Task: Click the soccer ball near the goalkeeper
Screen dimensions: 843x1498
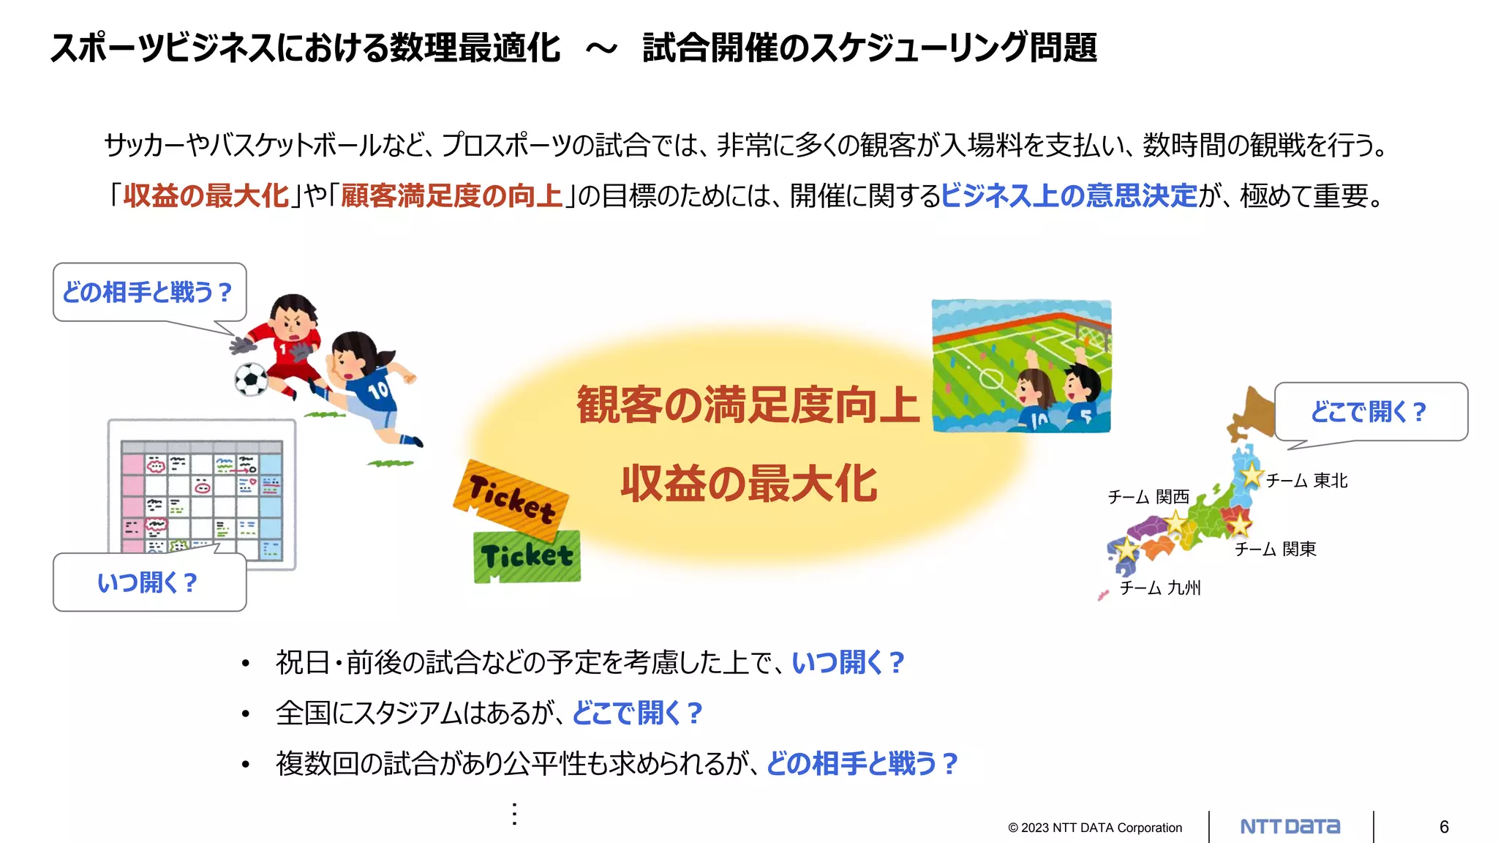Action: click(x=251, y=379)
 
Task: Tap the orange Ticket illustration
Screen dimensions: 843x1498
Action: click(x=511, y=497)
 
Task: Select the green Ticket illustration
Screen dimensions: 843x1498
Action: click(x=527, y=556)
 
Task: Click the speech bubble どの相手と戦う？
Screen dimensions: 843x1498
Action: click(x=149, y=292)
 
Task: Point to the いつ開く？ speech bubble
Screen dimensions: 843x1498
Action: click(x=149, y=582)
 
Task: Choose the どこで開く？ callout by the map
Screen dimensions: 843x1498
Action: click(x=1370, y=411)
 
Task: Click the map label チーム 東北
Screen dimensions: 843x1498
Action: click(x=1306, y=481)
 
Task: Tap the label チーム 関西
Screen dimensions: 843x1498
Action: click(x=1148, y=497)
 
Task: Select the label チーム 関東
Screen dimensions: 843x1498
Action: click(x=1276, y=549)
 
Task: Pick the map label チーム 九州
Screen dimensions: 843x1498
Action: click(x=1160, y=588)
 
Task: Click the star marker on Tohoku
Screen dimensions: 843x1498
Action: click(x=1252, y=474)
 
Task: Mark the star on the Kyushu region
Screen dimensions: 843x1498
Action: click(x=1127, y=549)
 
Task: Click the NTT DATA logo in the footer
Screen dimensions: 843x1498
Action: click(x=1290, y=827)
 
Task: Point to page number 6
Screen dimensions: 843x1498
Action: click(x=1444, y=827)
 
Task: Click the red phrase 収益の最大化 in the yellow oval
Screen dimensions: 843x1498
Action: click(x=748, y=484)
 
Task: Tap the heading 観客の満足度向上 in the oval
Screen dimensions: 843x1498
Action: click(x=748, y=405)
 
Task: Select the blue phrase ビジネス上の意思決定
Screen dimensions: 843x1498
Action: click(x=1069, y=196)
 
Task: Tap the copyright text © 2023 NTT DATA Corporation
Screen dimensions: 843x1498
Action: click(x=1095, y=828)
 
